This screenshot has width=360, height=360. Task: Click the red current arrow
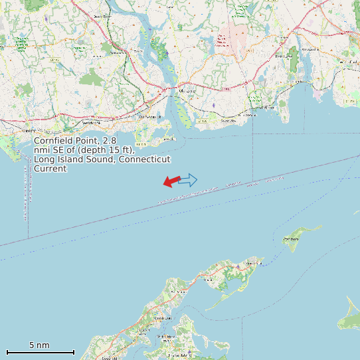[172, 181]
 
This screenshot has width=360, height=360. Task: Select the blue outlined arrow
[188, 179]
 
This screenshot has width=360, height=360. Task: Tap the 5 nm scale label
[39, 345]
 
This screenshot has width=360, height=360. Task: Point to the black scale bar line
[40, 352]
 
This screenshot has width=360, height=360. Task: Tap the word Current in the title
[50, 169]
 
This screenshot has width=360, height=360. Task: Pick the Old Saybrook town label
[149, 118]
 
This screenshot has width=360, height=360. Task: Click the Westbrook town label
[91, 123]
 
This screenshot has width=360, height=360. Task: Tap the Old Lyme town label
[188, 90]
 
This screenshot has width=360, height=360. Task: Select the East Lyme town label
[284, 56]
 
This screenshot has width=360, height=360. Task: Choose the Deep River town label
[102, 17]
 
